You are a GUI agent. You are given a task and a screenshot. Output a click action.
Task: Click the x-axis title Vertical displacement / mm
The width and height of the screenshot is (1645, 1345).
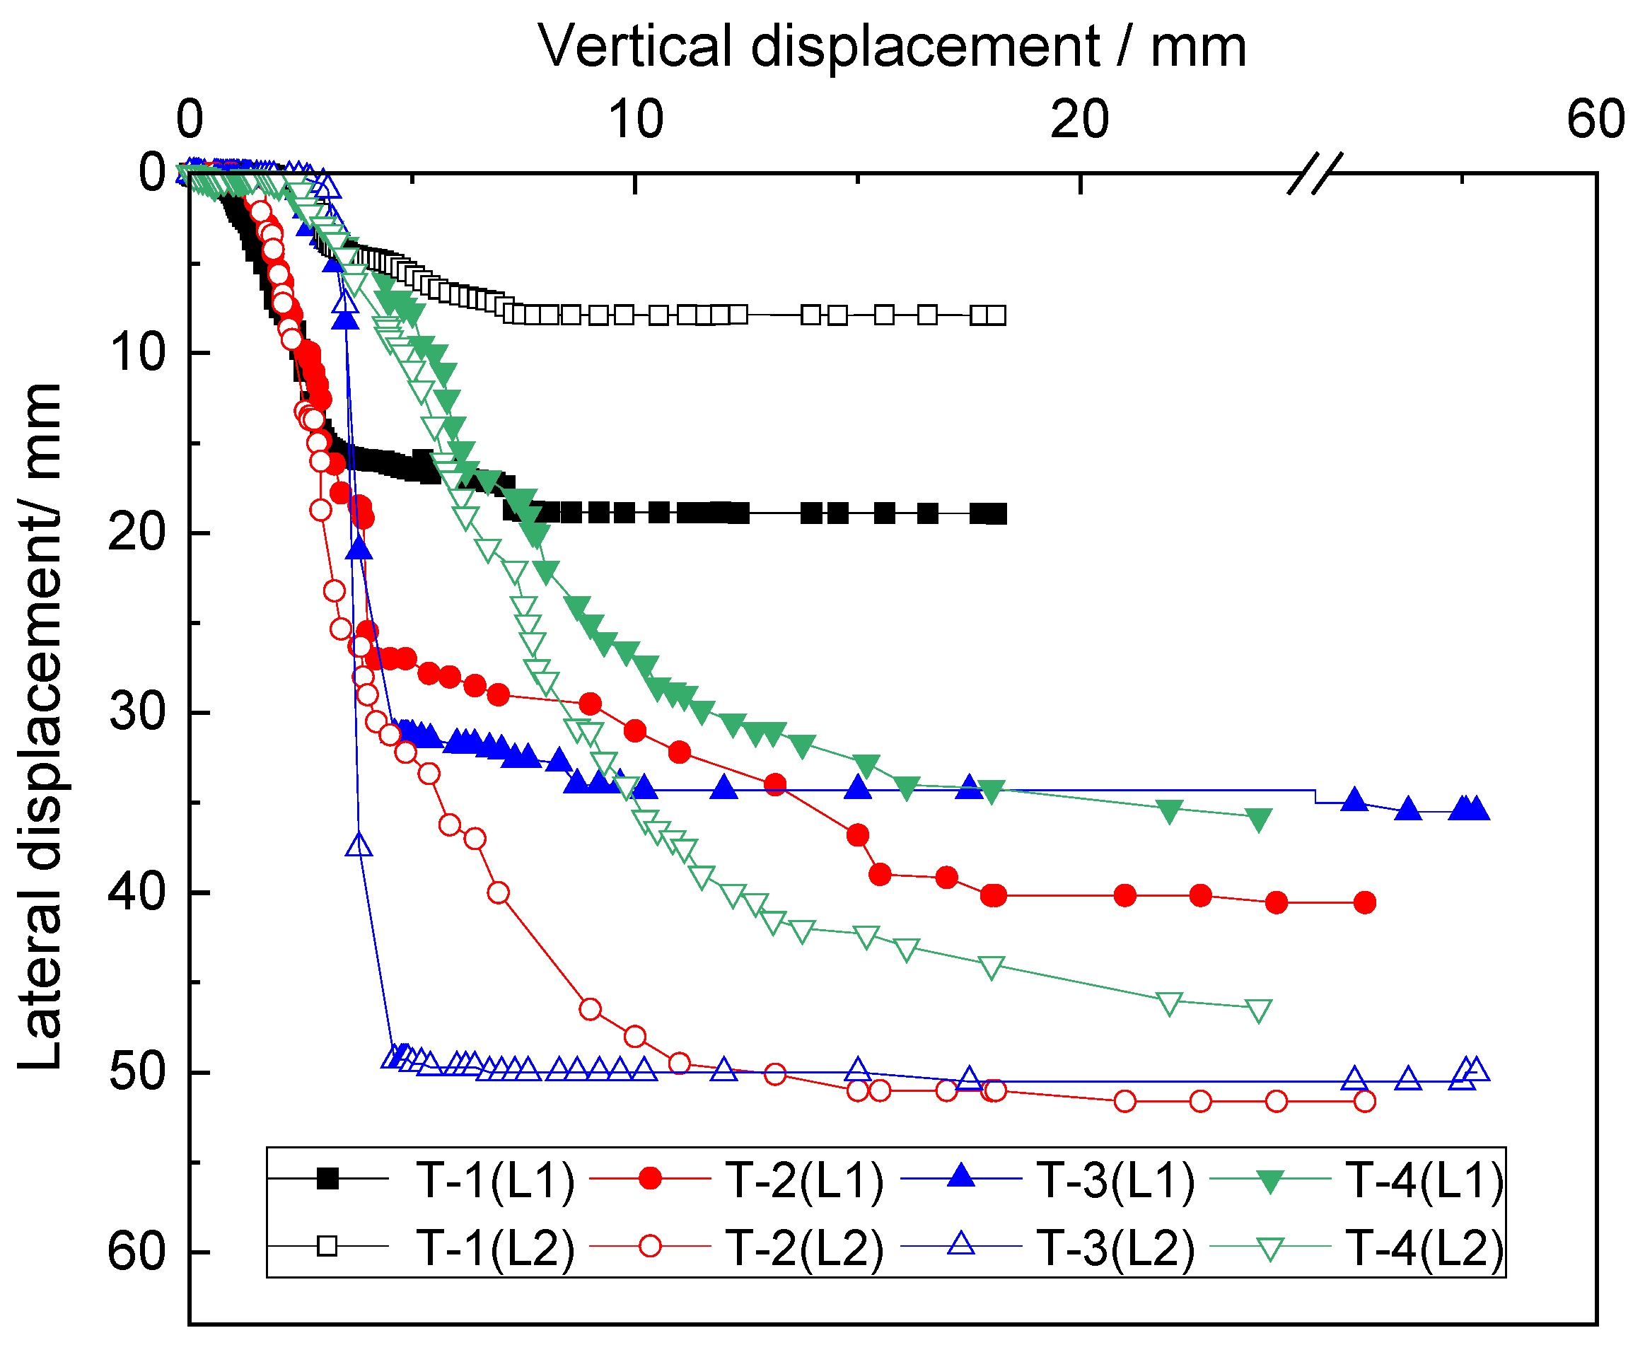click(892, 47)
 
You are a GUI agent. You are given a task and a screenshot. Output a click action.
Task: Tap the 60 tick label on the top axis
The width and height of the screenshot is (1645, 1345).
click(1595, 120)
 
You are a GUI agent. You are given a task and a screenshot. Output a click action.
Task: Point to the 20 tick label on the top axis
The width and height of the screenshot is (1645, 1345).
click(1079, 120)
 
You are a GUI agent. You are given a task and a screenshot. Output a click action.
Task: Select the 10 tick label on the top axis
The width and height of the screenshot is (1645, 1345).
click(635, 120)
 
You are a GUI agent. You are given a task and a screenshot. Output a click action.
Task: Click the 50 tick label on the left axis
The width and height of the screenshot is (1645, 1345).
click(137, 1072)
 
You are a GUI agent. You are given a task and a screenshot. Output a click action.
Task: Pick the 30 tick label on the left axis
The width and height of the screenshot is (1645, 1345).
click(137, 711)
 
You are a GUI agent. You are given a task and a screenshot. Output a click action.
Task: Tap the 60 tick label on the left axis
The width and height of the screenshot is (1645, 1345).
click(137, 1251)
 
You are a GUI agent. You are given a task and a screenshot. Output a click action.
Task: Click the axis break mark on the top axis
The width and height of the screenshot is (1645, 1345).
click(1315, 173)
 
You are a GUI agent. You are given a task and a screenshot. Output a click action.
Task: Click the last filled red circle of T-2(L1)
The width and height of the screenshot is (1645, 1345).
click(1364, 902)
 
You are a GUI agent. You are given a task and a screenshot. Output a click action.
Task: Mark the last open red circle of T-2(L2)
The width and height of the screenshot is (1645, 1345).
click(1364, 1101)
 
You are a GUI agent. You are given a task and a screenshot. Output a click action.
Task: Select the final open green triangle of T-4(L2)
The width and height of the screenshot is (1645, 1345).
click(1258, 1011)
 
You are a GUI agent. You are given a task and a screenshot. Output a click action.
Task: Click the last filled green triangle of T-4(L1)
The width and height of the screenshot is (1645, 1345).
click(1258, 819)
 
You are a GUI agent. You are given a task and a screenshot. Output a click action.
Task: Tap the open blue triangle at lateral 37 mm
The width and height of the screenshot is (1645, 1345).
click(359, 844)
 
